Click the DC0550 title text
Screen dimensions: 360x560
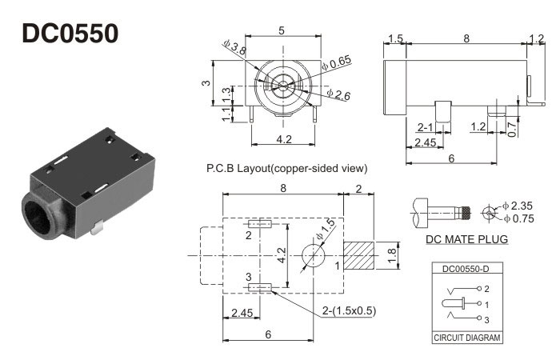[x=70, y=33]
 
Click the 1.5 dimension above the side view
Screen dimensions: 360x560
[x=394, y=38]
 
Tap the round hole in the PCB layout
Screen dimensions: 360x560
[x=314, y=255]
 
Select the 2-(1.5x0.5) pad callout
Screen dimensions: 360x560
[x=346, y=310]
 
